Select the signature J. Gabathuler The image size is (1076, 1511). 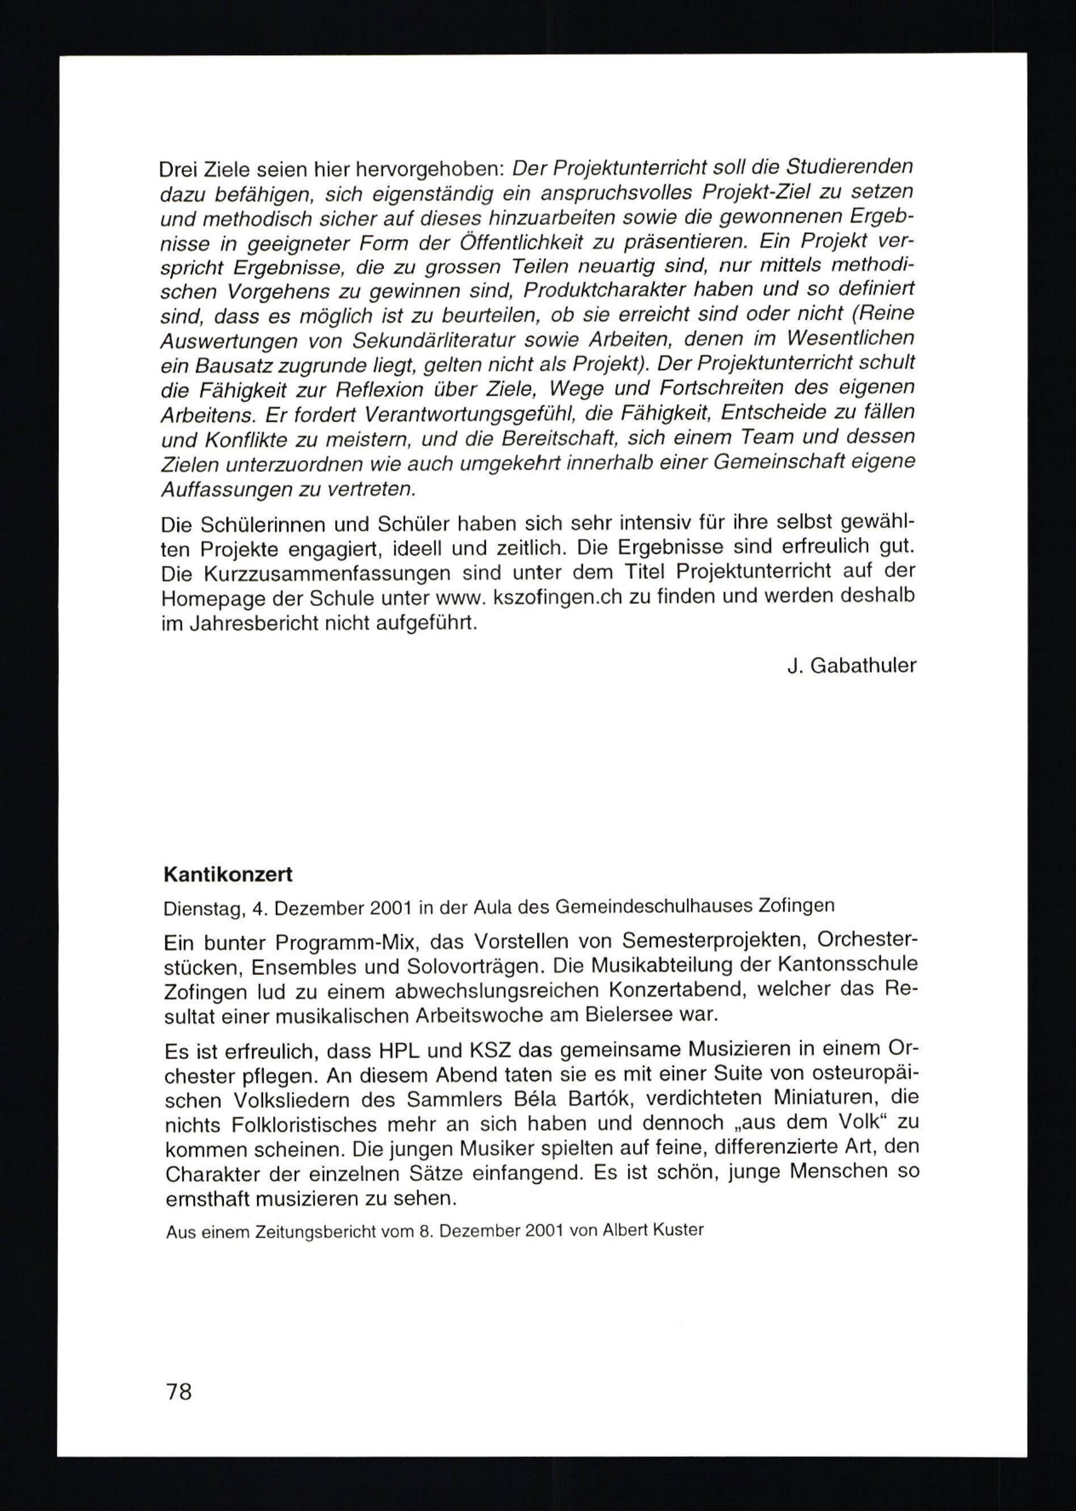coord(852,666)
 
